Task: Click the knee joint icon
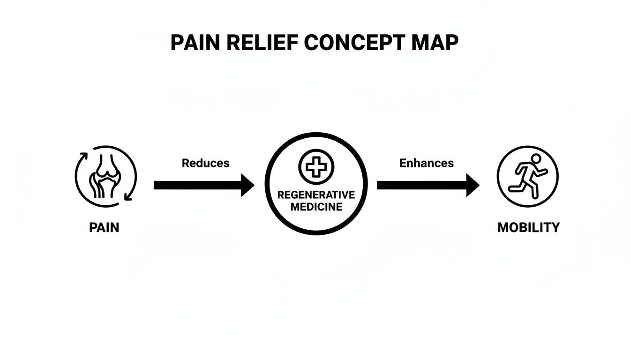tap(106, 176)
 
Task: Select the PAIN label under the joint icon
tap(104, 228)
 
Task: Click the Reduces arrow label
tap(205, 163)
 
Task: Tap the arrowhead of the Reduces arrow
tap(247, 185)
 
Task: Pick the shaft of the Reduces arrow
tap(197, 185)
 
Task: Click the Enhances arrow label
tap(426, 163)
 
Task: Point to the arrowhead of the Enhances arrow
tap(472, 185)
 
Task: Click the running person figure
tap(527, 177)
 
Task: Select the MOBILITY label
tap(528, 228)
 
